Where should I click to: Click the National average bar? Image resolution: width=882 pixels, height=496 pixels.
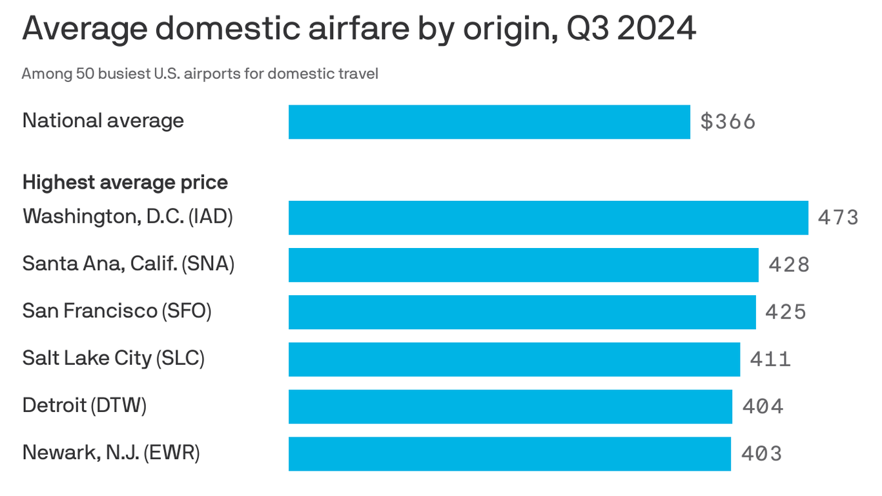[489, 122]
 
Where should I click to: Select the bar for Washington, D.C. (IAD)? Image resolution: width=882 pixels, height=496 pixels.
[548, 218]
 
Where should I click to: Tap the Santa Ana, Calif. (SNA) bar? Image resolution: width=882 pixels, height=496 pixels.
[524, 265]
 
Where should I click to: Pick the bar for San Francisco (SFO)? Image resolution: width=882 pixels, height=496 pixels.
[522, 312]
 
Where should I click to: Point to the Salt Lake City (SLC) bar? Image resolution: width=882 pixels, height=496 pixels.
[514, 359]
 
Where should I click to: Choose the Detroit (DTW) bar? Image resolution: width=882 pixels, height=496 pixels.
[510, 406]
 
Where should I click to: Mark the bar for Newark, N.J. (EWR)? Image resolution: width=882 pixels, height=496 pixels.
[509, 453]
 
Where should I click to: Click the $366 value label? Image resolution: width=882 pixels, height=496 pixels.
[728, 122]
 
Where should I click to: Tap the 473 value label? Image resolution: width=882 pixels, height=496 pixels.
[838, 218]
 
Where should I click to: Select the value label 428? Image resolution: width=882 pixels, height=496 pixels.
[788, 265]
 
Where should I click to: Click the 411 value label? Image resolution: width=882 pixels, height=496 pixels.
[770, 359]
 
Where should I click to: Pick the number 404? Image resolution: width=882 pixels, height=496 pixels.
[763, 406]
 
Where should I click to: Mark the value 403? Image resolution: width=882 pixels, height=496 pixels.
[761, 453]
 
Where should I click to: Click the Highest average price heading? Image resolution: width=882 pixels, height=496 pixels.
[125, 183]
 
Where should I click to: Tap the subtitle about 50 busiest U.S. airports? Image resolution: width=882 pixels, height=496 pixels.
[200, 74]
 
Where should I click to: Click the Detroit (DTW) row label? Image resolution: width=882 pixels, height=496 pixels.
[85, 406]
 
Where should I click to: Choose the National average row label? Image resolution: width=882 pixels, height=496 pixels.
[103, 121]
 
